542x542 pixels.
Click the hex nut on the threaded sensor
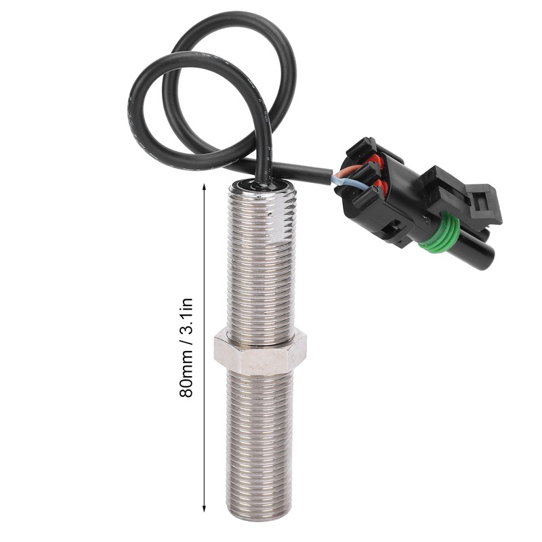(260, 351)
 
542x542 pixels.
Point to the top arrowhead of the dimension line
(205, 186)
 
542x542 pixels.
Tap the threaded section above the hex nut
(260, 271)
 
